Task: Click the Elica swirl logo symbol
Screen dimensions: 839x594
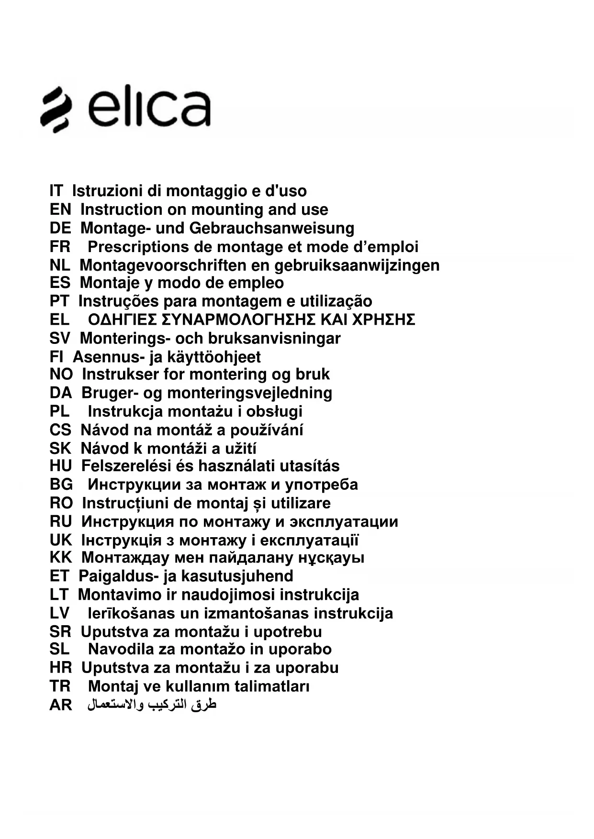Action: click(x=56, y=109)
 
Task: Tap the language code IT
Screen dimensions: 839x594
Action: click(x=56, y=191)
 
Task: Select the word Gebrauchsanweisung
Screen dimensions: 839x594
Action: click(x=272, y=228)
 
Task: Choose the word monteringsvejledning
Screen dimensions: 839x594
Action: click(x=249, y=393)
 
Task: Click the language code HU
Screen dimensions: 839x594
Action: click(x=61, y=466)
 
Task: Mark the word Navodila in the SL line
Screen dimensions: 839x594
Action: click(x=120, y=649)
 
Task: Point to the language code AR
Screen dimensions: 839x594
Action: click(x=61, y=705)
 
